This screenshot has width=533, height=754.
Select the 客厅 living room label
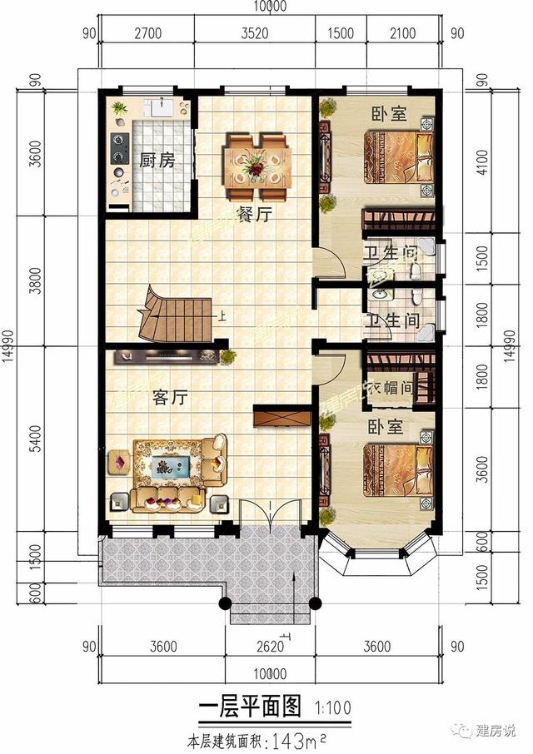coord(169,398)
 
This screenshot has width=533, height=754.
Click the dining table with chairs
coord(255,158)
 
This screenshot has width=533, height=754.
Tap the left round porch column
coord(225,604)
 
